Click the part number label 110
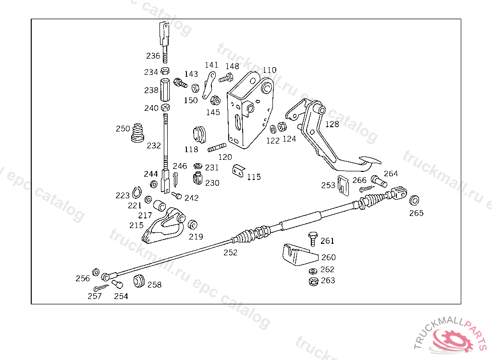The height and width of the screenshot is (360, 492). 269,70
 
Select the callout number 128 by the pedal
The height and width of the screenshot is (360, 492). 332,124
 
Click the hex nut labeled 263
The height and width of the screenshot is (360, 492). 313,281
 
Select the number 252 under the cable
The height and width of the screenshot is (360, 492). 230,252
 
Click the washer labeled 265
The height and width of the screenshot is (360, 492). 414,200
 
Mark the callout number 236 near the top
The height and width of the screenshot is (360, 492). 153,56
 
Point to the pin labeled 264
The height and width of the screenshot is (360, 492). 379,181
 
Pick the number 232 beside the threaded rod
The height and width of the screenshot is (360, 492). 154,145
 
